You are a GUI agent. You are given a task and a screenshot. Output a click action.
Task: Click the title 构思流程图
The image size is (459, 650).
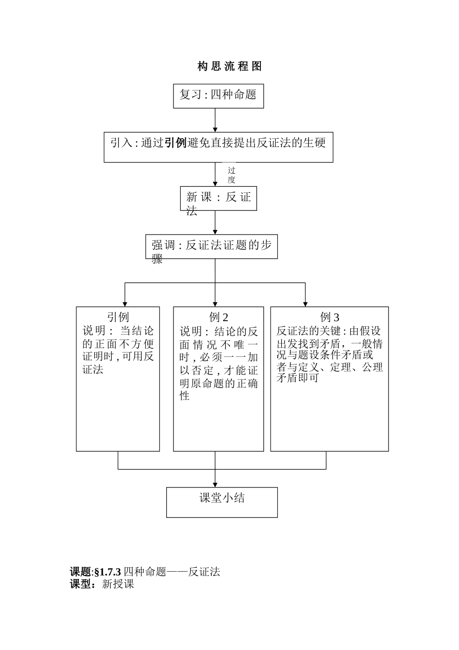pos(229,67)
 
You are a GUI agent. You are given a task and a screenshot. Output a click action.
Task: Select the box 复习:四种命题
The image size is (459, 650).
pos(218,95)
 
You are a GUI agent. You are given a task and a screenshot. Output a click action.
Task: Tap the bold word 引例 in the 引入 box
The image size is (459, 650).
pos(175,143)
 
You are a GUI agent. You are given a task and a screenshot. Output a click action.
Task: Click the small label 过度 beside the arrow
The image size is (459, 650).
pos(232,175)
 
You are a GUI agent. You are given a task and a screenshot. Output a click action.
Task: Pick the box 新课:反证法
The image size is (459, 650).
pos(218,198)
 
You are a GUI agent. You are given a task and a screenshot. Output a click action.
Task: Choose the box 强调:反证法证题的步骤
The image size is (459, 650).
pos(212,247)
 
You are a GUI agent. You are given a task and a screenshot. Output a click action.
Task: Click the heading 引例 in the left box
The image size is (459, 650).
pos(118,317)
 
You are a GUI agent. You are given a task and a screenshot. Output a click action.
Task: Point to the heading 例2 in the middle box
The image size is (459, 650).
pos(218,317)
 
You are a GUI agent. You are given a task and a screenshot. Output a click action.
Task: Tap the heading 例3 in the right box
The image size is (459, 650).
pos(330,317)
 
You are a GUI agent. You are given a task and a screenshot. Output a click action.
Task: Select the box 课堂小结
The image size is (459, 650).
pos(222,502)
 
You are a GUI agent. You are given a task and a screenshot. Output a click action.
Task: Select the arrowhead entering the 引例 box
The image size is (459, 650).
pos(125,303)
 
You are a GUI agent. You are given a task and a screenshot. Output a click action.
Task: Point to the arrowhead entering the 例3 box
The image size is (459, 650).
pos(305,303)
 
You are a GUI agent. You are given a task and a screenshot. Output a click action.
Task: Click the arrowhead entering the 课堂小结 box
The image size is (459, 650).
pos(215,484)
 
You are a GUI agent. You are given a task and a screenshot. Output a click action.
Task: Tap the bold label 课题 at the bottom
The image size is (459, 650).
pos(80,572)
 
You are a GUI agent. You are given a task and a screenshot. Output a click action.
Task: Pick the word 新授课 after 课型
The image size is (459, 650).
pos(118,584)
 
